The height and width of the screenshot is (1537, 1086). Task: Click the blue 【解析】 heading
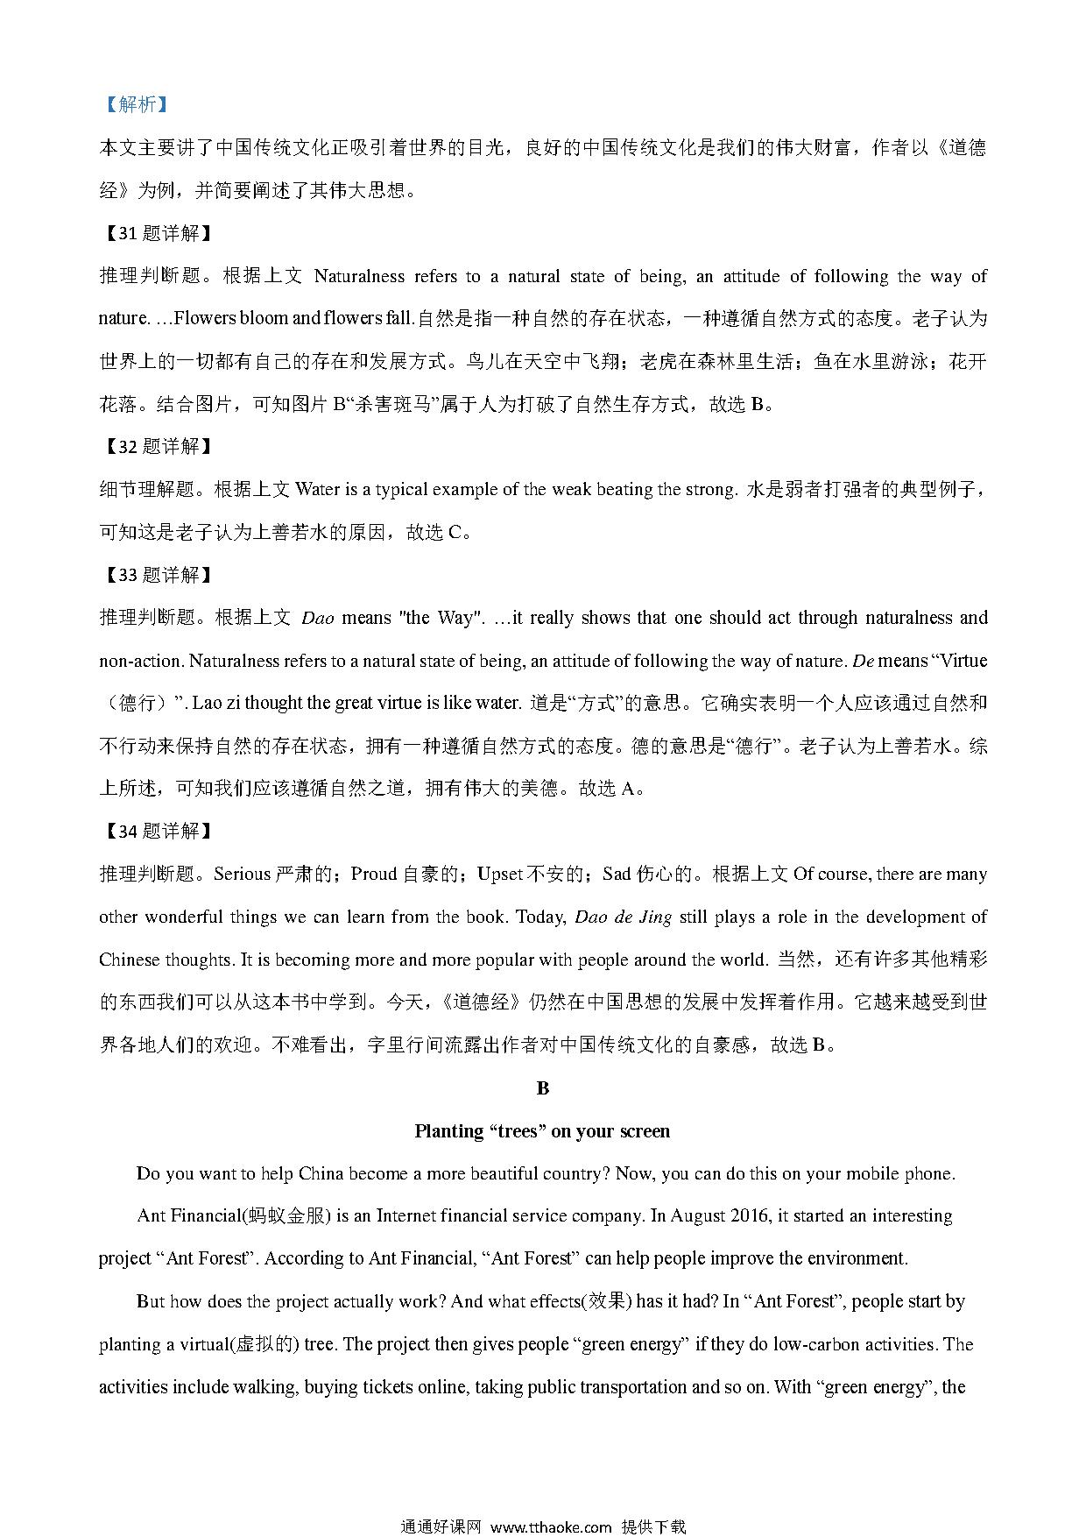[134, 104]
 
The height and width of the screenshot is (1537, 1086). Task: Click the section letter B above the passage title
[542, 1088]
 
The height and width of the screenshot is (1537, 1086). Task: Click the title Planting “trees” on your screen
[542, 1131]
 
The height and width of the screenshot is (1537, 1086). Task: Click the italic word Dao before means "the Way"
[317, 618]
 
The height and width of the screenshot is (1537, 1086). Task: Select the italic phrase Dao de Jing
[623, 917]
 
